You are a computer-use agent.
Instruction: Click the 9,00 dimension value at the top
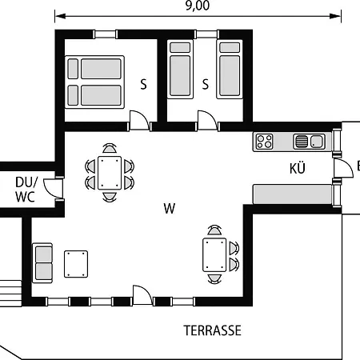coord(198,6)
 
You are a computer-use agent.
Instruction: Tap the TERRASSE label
coord(213,330)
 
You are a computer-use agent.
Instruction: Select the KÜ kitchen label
coord(298,168)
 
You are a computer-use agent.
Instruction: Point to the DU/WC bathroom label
coord(26,190)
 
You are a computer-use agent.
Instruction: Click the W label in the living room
coord(170,208)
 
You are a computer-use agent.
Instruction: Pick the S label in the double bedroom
coord(143,84)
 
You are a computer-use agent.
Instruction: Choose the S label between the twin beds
coord(205,84)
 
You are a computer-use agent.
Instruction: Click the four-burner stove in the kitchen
coord(264,142)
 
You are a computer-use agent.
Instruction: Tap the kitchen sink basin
coord(317,141)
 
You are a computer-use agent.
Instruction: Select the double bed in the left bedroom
coord(94,82)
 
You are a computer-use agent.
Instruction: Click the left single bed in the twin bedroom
coord(180,70)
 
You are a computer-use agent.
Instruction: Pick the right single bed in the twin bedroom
coord(230,70)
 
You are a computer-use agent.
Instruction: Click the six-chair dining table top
coord(110,173)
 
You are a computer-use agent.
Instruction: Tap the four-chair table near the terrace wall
coord(214,255)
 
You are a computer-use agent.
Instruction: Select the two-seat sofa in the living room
coord(42,263)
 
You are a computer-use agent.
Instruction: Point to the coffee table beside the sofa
coord(76,264)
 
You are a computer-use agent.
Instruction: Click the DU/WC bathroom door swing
coord(53,189)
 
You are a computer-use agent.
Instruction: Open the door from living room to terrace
coord(143,295)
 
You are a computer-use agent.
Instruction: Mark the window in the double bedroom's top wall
coord(106,34)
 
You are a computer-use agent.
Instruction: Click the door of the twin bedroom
coord(208,121)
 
